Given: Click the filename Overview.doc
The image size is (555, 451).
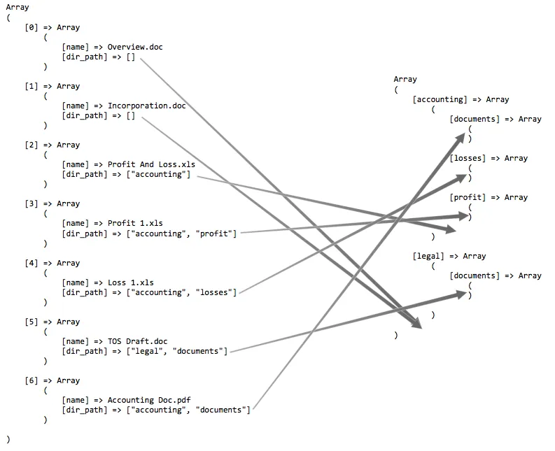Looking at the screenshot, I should click(x=135, y=48).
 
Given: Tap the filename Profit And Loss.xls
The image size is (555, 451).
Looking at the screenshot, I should click(x=151, y=165).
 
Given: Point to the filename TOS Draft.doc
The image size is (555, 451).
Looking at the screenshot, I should click(x=137, y=342).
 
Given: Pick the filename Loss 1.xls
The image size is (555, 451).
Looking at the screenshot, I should click(x=130, y=283).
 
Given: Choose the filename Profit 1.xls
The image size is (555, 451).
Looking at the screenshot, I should click(x=135, y=224).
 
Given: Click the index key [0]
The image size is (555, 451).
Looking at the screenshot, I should click(x=31, y=28).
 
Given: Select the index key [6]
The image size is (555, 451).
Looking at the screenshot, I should click(x=31, y=381).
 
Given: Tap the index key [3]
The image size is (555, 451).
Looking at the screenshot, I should click(x=31, y=204).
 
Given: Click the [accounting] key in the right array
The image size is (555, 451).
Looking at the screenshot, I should click(x=440, y=100).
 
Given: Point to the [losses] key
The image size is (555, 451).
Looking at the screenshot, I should click(x=467, y=159).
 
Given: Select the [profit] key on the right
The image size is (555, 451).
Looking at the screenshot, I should click(x=467, y=198).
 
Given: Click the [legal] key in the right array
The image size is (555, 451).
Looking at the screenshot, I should click(x=428, y=257).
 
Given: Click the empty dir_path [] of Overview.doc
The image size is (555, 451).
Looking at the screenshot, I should click(x=130, y=57).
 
